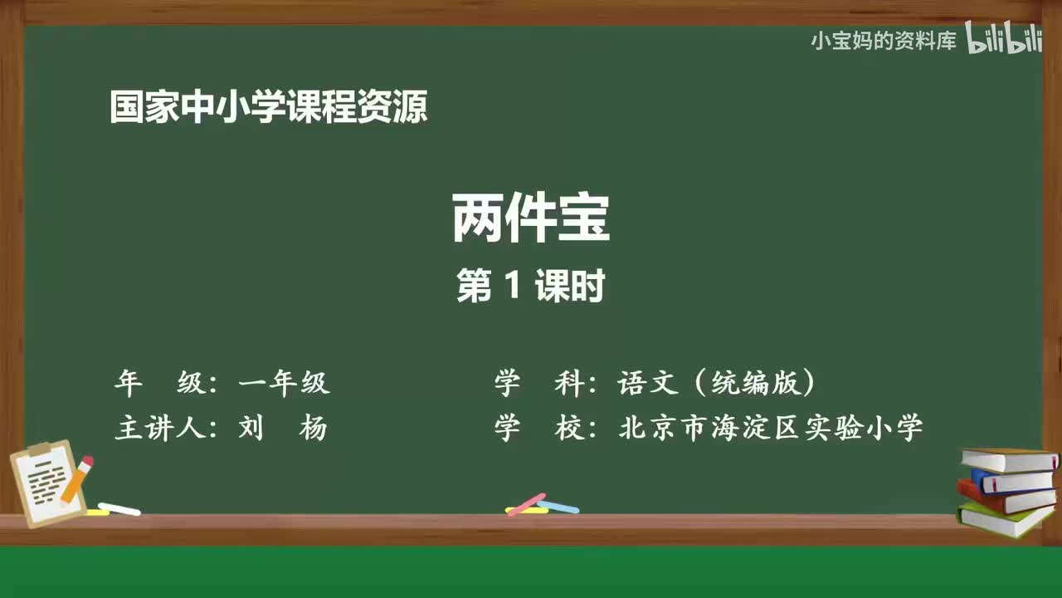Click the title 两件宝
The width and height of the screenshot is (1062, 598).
coord(531,218)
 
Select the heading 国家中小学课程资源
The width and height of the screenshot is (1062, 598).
coord(269,108)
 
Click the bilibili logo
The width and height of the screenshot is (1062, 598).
coord(1004,39)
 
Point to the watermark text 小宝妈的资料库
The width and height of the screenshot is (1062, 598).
coord(884,41)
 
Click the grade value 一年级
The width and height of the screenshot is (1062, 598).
coord(285,383)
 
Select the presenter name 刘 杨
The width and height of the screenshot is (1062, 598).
coord(283,429)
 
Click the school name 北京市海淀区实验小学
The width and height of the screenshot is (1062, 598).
coord(771,429)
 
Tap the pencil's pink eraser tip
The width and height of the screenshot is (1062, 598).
coord(87,461)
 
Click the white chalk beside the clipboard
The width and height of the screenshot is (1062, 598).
coord(119,508)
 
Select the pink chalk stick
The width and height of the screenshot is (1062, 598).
coord(526,503)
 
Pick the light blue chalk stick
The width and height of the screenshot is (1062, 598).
coord(558,506)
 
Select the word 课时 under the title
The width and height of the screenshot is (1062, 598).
coord(569,287)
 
